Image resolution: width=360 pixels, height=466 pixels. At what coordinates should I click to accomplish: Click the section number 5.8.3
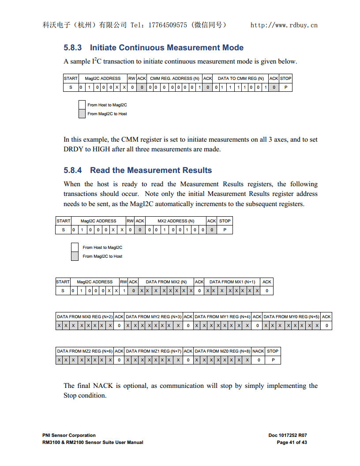click(73, 48)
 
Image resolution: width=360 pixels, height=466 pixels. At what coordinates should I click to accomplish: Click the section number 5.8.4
click(73, 170)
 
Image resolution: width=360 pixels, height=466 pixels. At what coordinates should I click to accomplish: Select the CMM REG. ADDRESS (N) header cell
click(175, 79)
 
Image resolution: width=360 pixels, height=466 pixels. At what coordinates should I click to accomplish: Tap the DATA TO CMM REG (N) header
click(240, 79)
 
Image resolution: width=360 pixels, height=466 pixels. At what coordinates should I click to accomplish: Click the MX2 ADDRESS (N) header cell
click(176, 221)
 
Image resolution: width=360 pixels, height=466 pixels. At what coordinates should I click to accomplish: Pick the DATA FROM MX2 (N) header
click(166, 282)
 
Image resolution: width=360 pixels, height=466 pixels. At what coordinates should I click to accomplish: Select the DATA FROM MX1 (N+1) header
click(232, 282)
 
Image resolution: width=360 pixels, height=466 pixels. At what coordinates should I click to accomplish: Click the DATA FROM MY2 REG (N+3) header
click(154, 317)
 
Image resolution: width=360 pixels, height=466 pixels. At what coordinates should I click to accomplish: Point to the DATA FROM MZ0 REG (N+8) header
click(222, 351)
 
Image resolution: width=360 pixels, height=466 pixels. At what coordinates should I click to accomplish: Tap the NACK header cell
click(258, 351)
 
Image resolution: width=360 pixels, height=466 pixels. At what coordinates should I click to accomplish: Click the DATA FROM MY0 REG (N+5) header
click(291, 317)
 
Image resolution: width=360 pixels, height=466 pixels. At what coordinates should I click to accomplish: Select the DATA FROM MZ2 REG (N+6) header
click(85, 351)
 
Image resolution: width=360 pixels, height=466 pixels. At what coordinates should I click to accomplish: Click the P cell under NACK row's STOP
click(273, 360)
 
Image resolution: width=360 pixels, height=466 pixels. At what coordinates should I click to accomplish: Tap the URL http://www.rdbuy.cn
click(284, 25)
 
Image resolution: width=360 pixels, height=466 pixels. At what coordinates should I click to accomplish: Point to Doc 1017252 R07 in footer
click(288, 435)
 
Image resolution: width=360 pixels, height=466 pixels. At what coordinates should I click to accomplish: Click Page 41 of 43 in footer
click(292, 442)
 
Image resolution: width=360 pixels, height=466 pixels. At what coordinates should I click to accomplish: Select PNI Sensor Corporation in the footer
click(69, 435)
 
